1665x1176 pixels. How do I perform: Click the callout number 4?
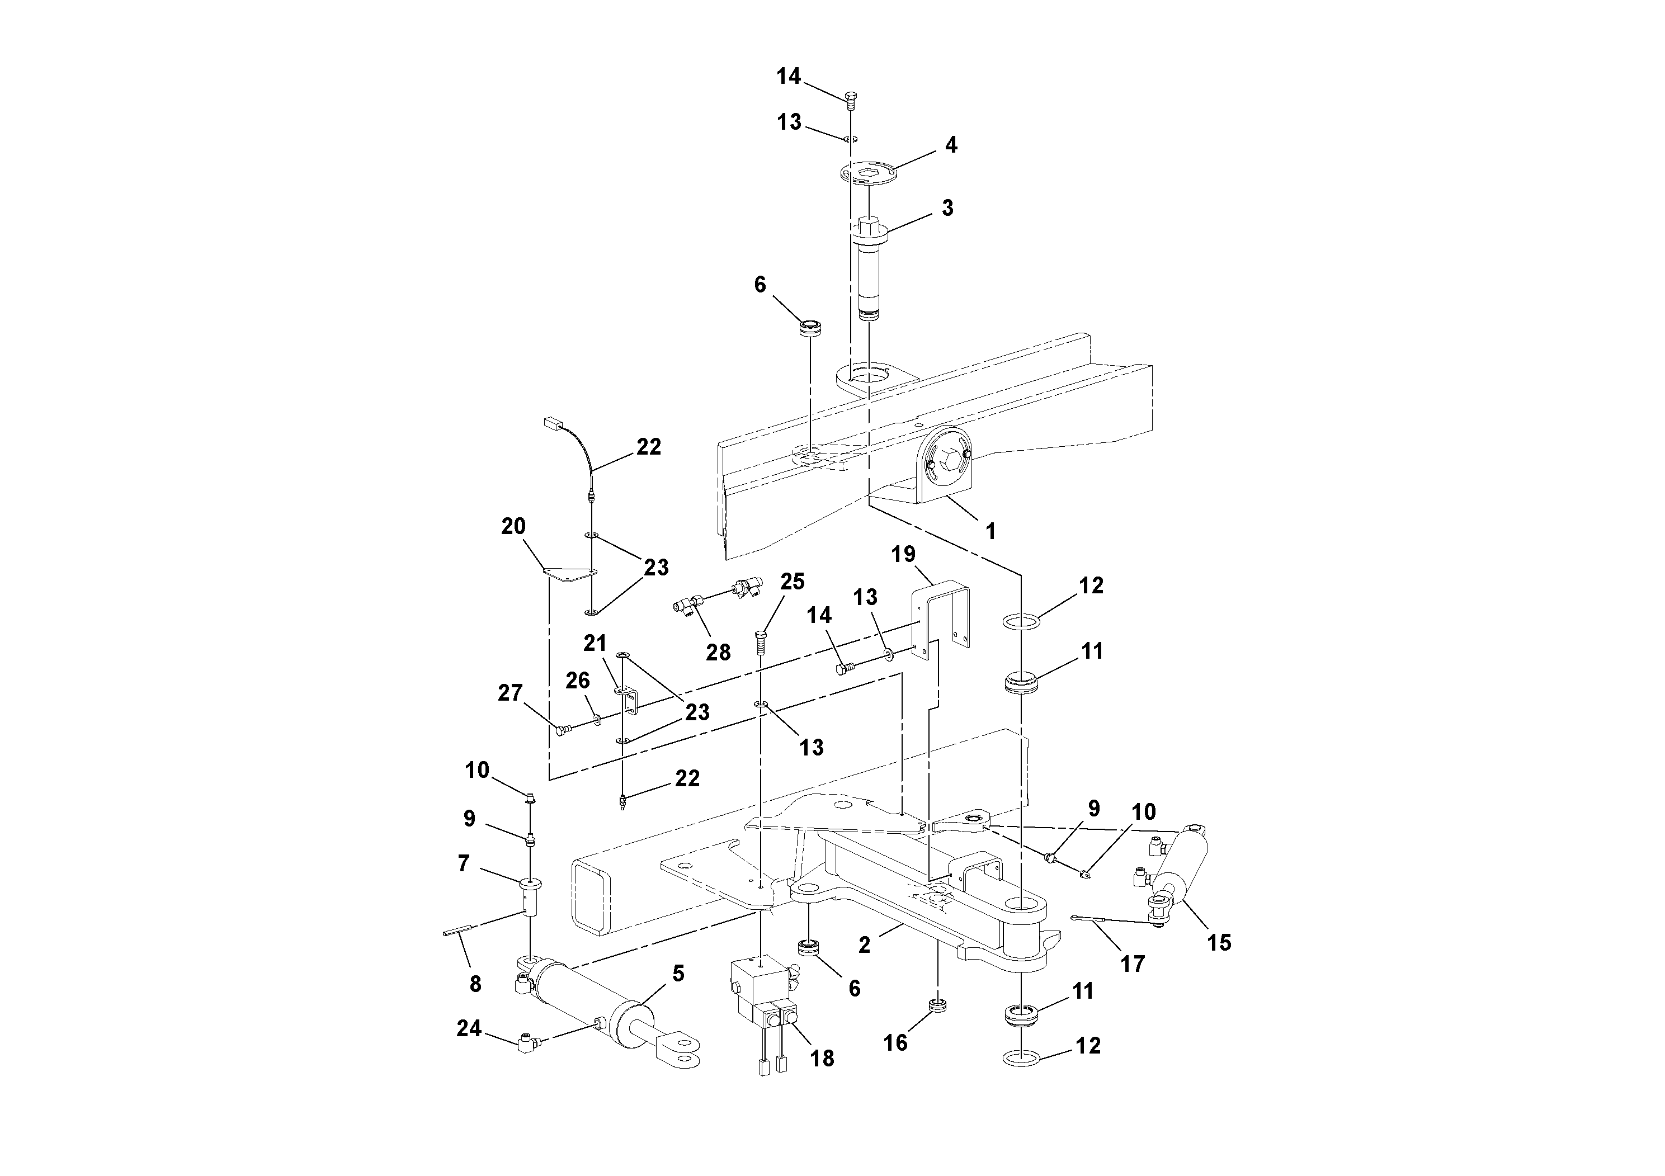point(951,145)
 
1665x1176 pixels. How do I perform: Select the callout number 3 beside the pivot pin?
point(947,208)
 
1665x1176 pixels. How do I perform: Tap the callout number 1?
point(990,531)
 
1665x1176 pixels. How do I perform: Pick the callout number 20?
point(513,526)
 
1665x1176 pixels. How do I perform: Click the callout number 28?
point(718,652)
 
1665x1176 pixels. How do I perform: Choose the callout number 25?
point(792,582)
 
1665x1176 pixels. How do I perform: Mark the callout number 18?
point(822,1059)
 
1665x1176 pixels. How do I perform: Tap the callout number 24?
point(469,1028)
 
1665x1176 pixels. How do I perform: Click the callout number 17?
point(1132,964)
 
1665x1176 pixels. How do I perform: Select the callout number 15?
point(1219,943)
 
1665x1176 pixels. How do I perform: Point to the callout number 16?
point(895,1042)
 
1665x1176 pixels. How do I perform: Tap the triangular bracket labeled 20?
point(569,574)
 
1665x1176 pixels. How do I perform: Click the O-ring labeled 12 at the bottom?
point(1021,1059)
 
